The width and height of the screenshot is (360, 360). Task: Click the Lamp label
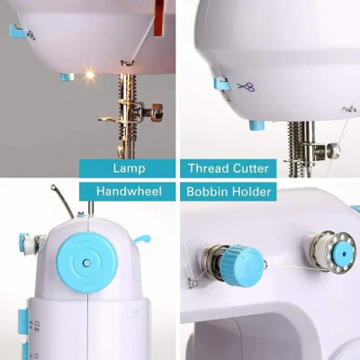click(x=129, y=168)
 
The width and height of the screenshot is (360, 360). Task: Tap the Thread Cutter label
click(x=229, y=168)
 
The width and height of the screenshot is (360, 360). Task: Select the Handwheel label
click(x=129, y=191)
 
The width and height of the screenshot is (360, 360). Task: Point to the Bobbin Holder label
click(x=229, y=192)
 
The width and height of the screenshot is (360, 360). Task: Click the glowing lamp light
click(x=89, y=75)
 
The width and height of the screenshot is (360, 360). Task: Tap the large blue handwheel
click(x=87, y=263)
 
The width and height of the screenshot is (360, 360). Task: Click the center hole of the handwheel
click(x=87, y=263)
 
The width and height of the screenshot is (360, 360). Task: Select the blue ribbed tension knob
click(x=242, y=265)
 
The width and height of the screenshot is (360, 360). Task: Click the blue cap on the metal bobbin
click(x=344, y=254)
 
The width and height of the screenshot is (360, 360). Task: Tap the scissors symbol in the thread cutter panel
click(x=246, y=87)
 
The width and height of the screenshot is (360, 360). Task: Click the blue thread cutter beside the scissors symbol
click(x=221, y=84)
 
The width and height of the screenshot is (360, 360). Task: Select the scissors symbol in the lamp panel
click(x=31, y=35)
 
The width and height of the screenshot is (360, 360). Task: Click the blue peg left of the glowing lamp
click(x=67, y=77)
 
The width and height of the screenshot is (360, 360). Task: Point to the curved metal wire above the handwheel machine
click(x=62, y=201)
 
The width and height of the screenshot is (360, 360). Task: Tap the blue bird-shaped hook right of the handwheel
click(x=141, y=238)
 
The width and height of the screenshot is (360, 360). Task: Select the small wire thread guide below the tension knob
click(x=193, y=283)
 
